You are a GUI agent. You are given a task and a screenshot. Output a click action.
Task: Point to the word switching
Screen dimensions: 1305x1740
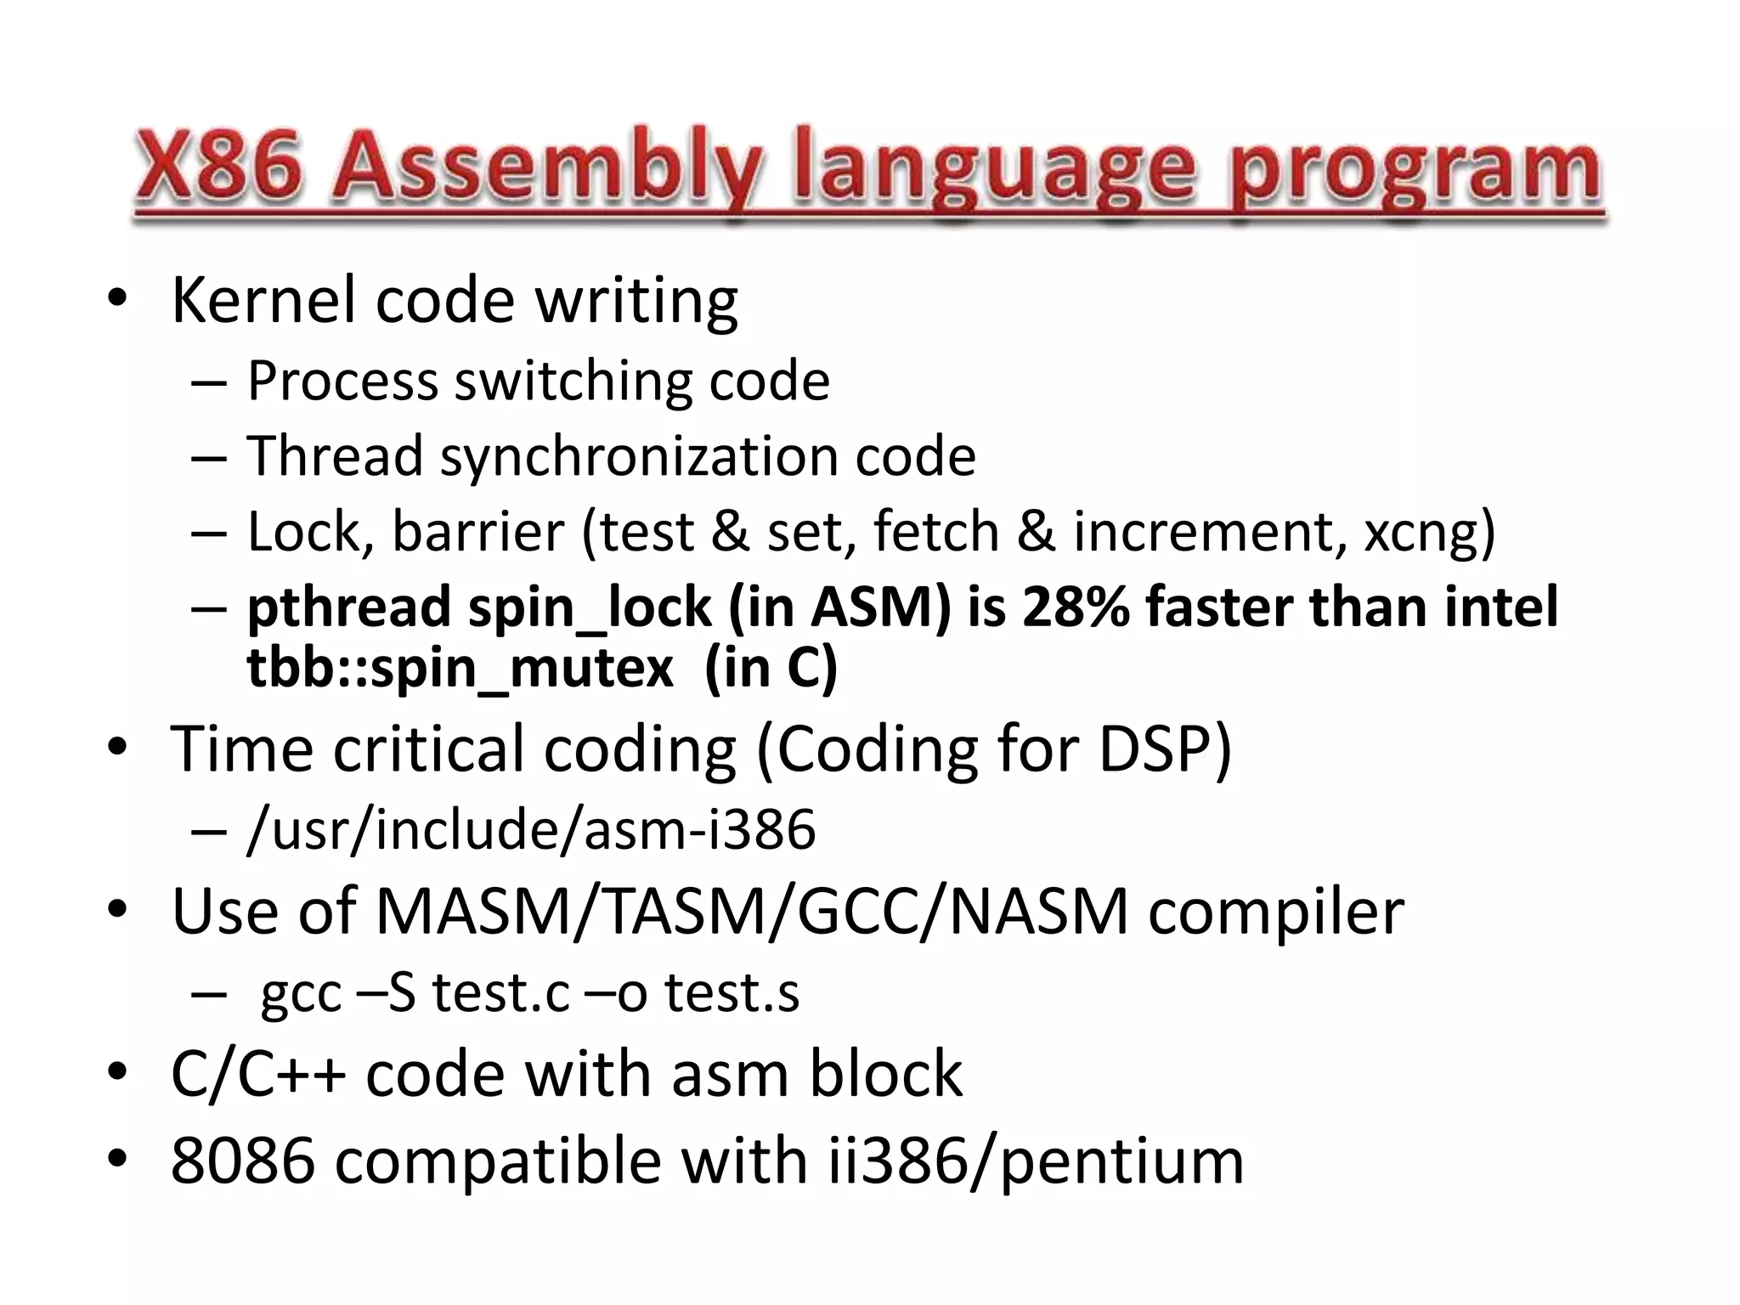click(573, 381)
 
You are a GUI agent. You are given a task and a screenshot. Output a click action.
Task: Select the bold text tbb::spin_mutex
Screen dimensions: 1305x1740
click(460, 668)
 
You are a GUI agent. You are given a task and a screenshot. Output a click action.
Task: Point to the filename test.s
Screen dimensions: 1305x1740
click(732, 992)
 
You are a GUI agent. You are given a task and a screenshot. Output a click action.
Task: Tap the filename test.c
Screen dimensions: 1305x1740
click(500, 992)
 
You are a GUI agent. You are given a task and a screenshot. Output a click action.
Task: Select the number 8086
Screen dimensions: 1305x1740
click(243, 1161)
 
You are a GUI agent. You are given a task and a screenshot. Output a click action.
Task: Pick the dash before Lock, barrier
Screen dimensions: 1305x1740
click(209, 534)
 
